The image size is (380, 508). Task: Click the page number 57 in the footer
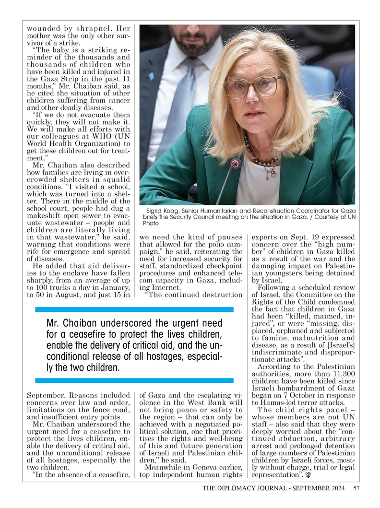coord(356,488)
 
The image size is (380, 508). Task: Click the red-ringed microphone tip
coord(235,164)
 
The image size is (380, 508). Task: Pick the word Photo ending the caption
coord(151,223)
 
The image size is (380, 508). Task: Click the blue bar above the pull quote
coord(134,309)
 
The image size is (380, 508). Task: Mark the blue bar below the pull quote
coord(134,380)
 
